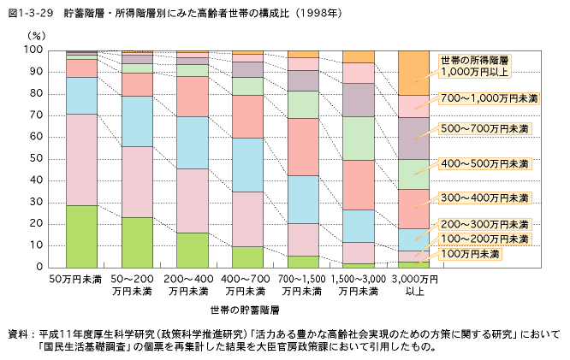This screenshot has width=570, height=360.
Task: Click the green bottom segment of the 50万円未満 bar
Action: click(82, 236)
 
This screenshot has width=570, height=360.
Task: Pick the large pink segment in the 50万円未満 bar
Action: click(82, 159)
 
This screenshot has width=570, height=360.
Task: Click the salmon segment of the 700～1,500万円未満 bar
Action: click(303, 146)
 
